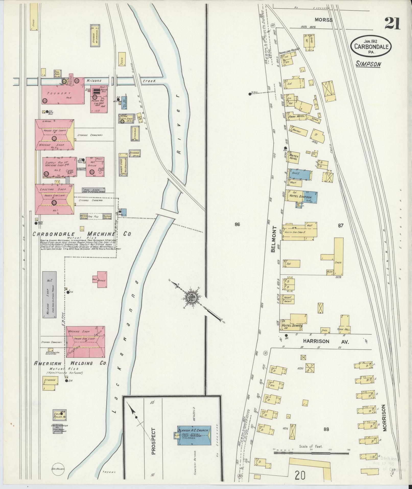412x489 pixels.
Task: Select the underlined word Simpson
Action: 368,64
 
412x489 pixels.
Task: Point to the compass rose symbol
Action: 191,297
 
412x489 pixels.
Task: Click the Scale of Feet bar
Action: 311,274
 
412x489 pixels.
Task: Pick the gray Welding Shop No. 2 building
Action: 50,294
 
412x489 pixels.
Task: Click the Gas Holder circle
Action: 58,469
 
